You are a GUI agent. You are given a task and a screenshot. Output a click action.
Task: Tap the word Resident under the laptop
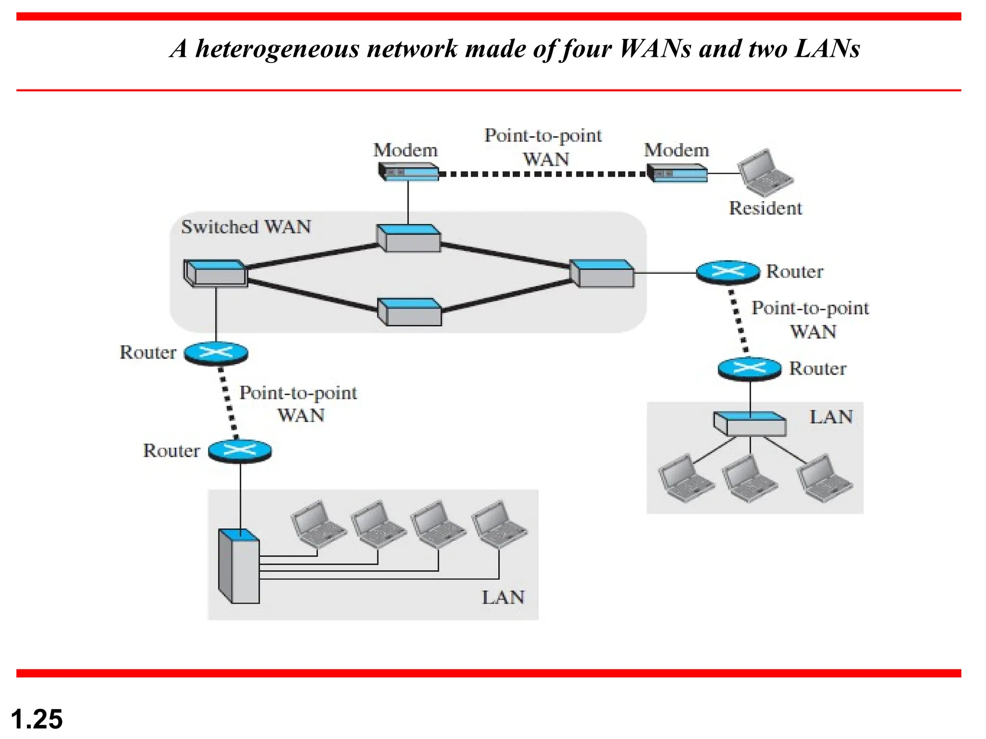coord(765,208)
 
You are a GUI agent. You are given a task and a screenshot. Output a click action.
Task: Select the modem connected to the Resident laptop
coord(677,173)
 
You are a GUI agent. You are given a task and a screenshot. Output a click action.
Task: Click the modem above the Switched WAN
coord(408,172)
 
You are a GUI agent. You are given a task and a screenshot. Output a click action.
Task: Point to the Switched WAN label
coord(246,227)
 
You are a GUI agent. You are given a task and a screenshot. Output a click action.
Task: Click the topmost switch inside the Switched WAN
coord(408,238)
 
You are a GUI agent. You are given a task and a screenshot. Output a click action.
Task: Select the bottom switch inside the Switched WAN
coord(409,312)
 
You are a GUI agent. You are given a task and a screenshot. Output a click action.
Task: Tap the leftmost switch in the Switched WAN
coord(216,273)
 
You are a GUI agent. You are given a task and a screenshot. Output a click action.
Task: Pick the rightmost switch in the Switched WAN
coord(602,273)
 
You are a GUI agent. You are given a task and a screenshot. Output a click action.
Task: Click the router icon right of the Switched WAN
coord(728,272)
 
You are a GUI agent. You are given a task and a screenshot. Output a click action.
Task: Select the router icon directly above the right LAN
coord(750,369)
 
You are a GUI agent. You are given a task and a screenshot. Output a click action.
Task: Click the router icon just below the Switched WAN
coord(216,354)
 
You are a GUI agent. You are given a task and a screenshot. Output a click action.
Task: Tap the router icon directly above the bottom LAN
coord(240,451)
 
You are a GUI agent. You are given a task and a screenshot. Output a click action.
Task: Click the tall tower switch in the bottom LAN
coord(239,567)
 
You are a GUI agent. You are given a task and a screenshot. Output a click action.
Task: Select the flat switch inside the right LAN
coord(750,424)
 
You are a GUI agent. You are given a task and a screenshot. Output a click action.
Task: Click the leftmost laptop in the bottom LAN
coord(317,525)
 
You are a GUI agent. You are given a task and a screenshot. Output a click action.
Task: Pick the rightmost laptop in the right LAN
coord(824,479)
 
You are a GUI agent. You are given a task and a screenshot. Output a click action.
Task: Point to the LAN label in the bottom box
coord(503,598)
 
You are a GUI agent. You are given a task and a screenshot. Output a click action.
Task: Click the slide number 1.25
coord(37,719)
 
